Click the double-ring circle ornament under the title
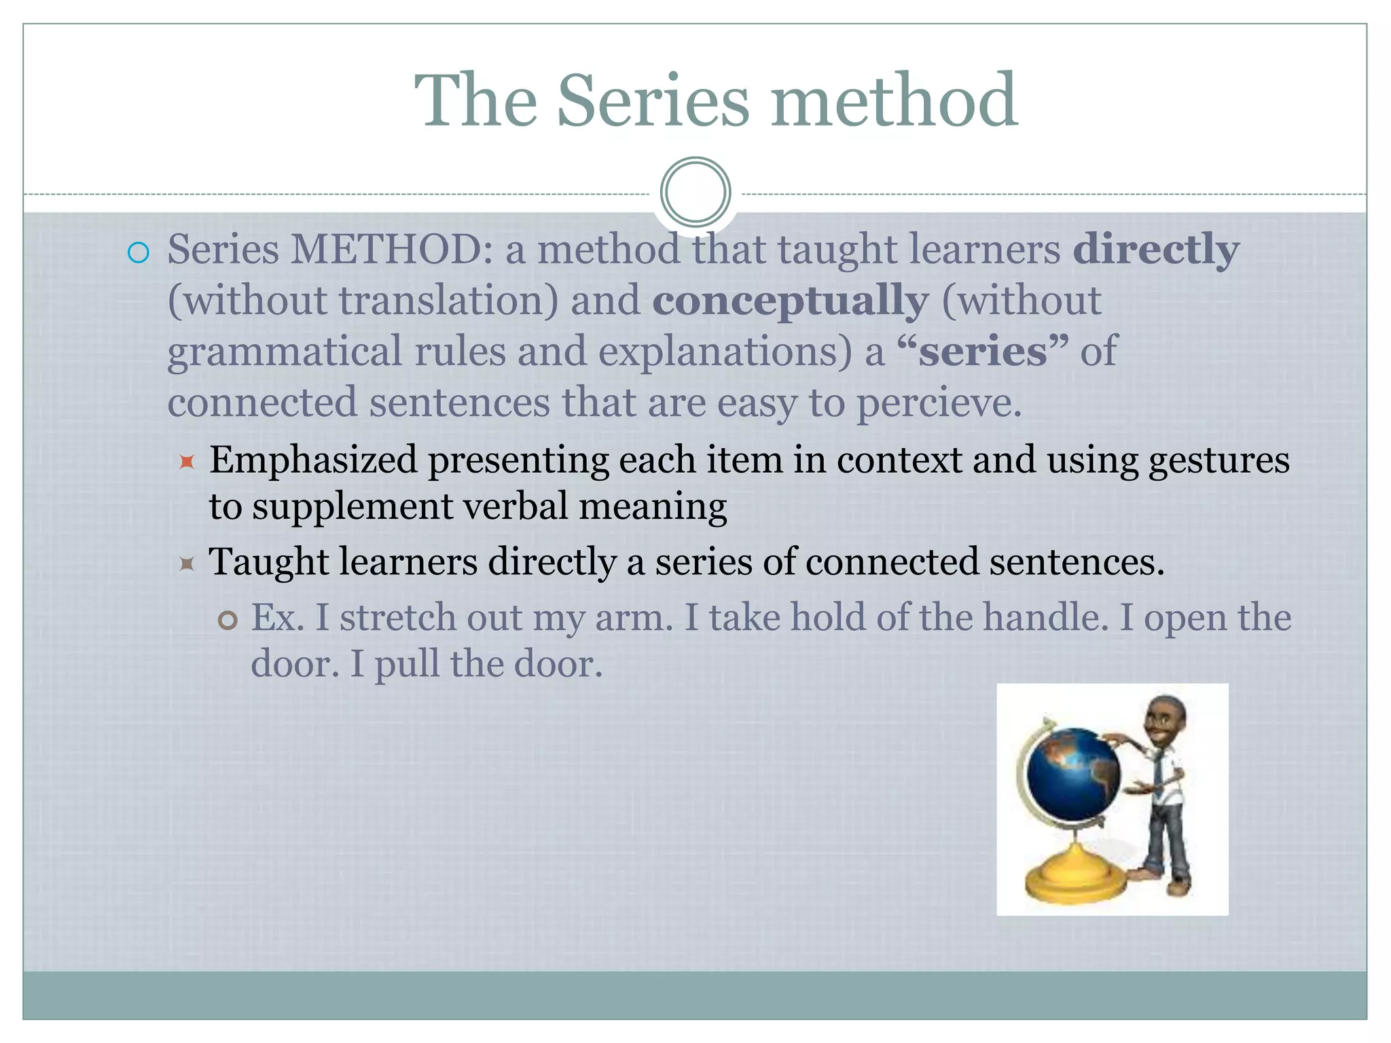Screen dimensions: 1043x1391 [695, 192]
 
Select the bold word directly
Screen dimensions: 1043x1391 [1155, 250]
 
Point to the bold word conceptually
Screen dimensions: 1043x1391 [790, 301]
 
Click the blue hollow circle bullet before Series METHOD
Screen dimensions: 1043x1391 [138, 253]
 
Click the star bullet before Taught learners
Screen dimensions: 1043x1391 [187, 564]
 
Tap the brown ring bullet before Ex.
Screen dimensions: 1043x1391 [228, 621]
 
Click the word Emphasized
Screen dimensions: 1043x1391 [313, 460]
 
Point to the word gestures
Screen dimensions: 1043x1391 [1218, 460]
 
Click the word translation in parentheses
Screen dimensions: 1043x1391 [448, 301]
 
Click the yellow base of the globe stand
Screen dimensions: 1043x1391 [1072, 882]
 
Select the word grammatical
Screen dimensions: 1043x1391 [285, 352]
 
